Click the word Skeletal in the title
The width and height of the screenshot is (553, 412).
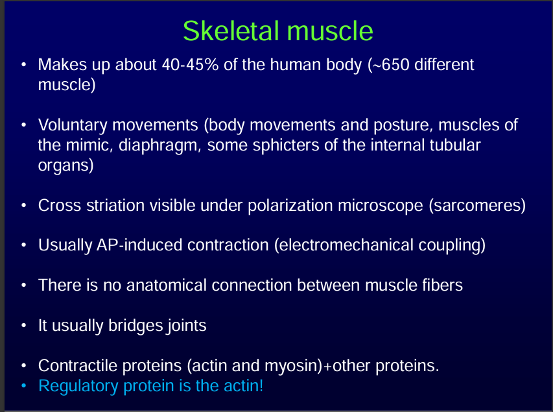pos(231,30)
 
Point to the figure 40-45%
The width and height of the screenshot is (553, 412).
pos(190,65)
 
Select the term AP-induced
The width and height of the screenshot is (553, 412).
pos(139,245)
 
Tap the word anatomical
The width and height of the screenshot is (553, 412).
pos(167,285)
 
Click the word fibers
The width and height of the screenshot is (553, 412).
pos(443,285)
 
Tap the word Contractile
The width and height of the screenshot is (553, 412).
pos(77,366)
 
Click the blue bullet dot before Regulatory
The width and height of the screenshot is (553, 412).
pos(23,386)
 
